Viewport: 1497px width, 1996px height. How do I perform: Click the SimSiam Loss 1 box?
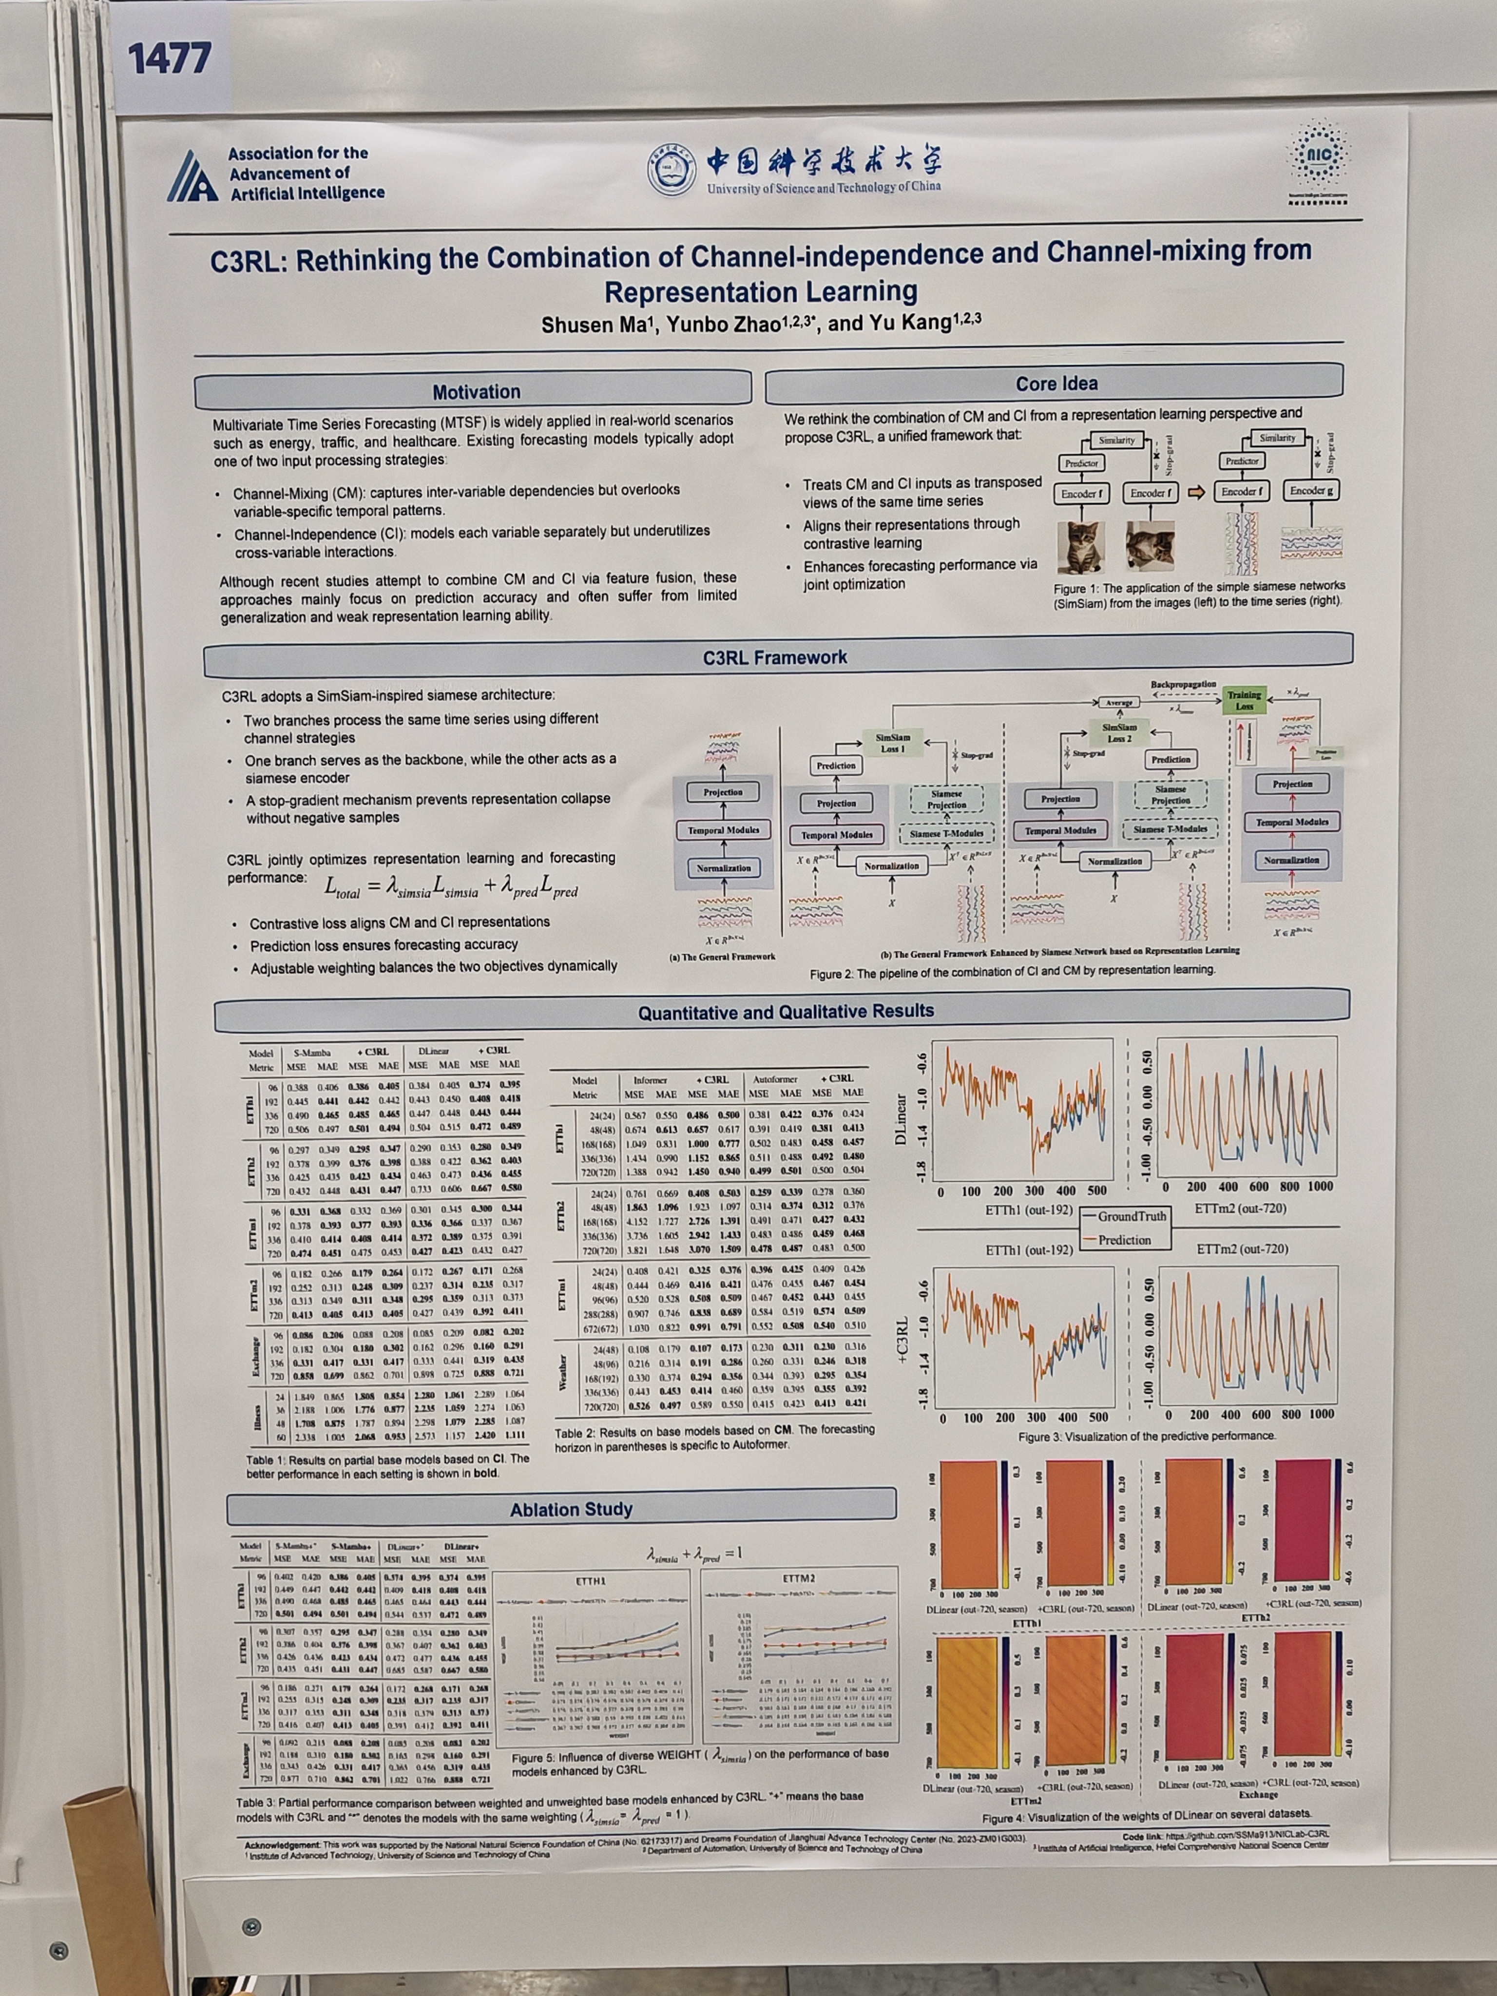coord(892,743)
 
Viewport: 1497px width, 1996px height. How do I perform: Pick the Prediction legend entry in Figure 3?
coord(1123,1240)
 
